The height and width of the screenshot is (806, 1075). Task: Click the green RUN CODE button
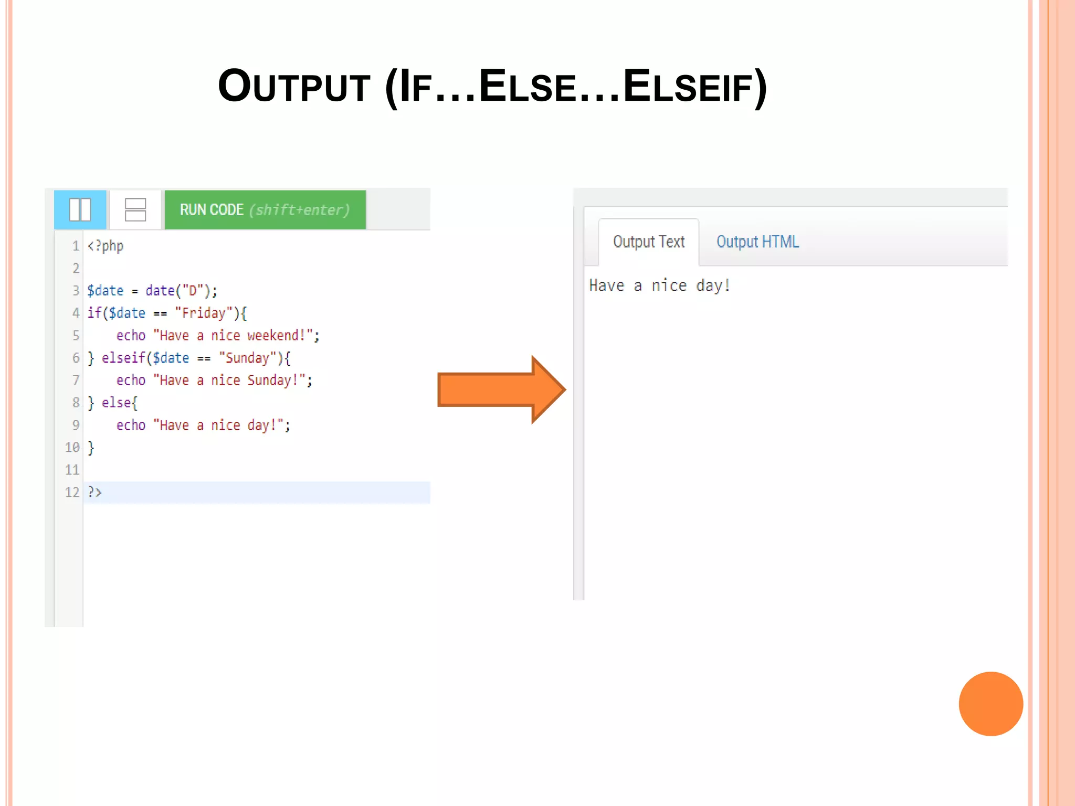tap(265, 210)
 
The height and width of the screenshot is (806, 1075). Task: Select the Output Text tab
tap(649, 242)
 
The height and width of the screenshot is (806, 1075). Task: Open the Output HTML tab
tap(757, 242)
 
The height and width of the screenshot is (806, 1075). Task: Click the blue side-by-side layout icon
tap(80, 210)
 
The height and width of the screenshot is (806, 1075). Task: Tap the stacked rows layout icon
tap(135, 210)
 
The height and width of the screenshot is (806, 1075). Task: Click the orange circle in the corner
tap(990, 704)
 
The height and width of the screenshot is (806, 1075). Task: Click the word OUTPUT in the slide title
tap(294, 87)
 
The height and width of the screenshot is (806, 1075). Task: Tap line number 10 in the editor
tap(72, 448)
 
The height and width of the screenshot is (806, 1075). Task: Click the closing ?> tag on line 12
tap(94, 492)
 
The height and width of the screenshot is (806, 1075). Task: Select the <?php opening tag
tap(106, 246)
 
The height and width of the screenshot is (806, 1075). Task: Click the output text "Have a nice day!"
tap(659, 285)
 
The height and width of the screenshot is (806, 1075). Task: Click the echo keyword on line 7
tap(131, 380)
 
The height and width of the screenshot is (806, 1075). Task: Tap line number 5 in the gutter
tap(76, 335)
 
